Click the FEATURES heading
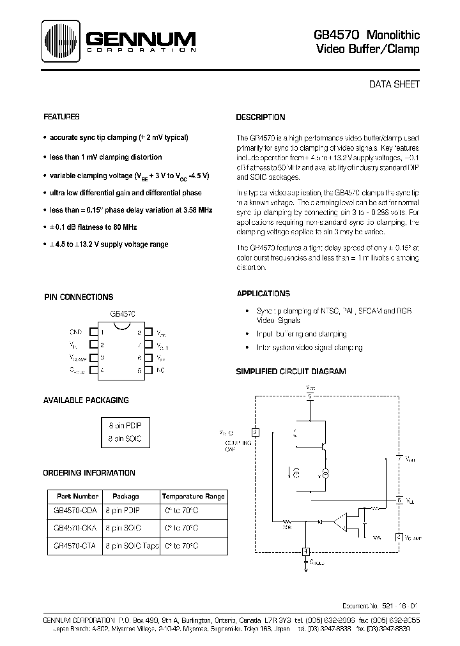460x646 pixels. (61, 117)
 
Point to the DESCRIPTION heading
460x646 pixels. (261, 117)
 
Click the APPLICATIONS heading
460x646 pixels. (263, 294)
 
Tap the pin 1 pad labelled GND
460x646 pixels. (93, 332)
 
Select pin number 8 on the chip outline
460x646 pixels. (140, 332)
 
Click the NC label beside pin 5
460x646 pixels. (161, 370)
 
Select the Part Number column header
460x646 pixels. (77, 496)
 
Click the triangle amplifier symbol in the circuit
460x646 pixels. (349, 522)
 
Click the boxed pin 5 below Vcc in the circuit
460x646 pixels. (310, 396)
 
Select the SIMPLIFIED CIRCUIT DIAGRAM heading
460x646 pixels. (291, 371)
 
